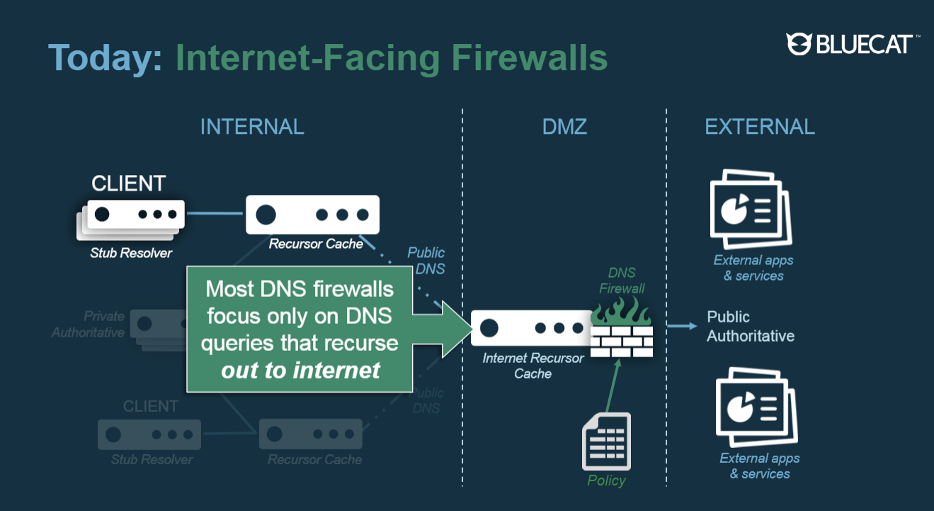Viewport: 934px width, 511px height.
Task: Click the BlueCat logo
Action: click(853, 44)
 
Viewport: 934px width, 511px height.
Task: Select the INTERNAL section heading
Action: click(252, 127)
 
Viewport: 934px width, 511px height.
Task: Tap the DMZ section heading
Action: click(564, 127)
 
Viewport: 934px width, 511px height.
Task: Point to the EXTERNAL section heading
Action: click(760, 127)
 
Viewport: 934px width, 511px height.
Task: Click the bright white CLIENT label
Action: click(128, 184)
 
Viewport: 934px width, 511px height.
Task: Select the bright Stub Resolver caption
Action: click(131, 252)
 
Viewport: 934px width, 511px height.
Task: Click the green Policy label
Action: click(606, 481)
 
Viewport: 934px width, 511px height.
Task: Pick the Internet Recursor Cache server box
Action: click(531, 328)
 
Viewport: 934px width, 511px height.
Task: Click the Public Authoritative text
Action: click(750, 326)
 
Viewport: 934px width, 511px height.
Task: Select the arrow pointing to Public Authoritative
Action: click(682, 326)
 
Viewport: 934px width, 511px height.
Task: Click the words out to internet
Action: click(301, 369)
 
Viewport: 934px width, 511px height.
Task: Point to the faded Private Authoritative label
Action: click(88, 324)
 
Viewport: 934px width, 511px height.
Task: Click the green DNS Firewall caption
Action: click(622, 281)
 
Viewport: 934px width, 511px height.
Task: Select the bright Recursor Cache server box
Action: click(312, 215)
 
